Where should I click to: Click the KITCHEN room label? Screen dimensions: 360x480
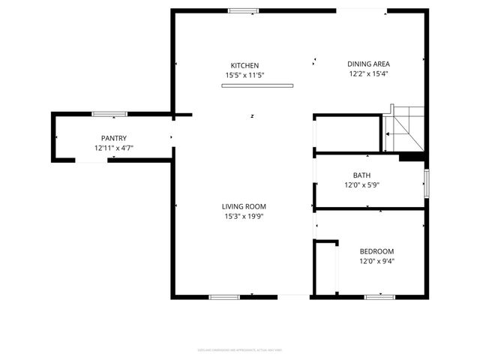point(244,65)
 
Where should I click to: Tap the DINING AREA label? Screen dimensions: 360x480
point(368,64)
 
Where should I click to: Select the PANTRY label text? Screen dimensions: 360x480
point(114,138)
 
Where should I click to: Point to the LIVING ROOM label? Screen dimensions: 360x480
point(244,206)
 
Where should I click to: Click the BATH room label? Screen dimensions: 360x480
point(362,175)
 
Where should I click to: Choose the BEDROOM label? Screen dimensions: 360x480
point(376,251)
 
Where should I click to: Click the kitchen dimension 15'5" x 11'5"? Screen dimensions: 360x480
point(244,75)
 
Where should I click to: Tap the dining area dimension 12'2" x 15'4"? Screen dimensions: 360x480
point(368,73)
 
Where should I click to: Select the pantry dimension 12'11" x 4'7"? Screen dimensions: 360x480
point(114,148)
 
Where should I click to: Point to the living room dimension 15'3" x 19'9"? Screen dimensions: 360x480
point(244,217)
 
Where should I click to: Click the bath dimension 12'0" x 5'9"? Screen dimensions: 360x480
point(362,185)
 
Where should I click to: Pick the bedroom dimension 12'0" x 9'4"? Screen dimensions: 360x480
point(376,262)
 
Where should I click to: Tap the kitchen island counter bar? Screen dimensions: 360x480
point(256,85)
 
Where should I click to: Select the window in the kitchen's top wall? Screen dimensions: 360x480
point(242,10)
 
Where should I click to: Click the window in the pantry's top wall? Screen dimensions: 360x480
point(109,114)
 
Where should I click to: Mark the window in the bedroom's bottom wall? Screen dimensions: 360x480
point(379,297)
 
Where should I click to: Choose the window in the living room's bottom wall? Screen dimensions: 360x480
point(223,297)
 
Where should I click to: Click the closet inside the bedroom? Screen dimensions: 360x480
point(325,268)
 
